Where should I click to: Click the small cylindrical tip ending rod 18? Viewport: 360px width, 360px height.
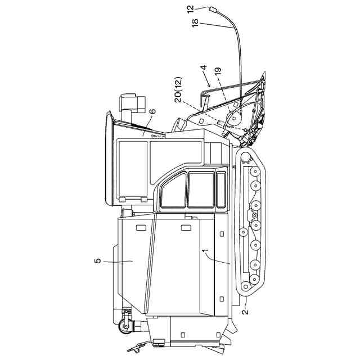click(x=214, y=10)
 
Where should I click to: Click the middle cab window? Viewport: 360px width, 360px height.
click(x=201, y=189)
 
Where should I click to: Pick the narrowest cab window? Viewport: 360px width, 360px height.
click(x=221, y=188)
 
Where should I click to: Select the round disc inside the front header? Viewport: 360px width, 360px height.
click(x=233, y=118)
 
